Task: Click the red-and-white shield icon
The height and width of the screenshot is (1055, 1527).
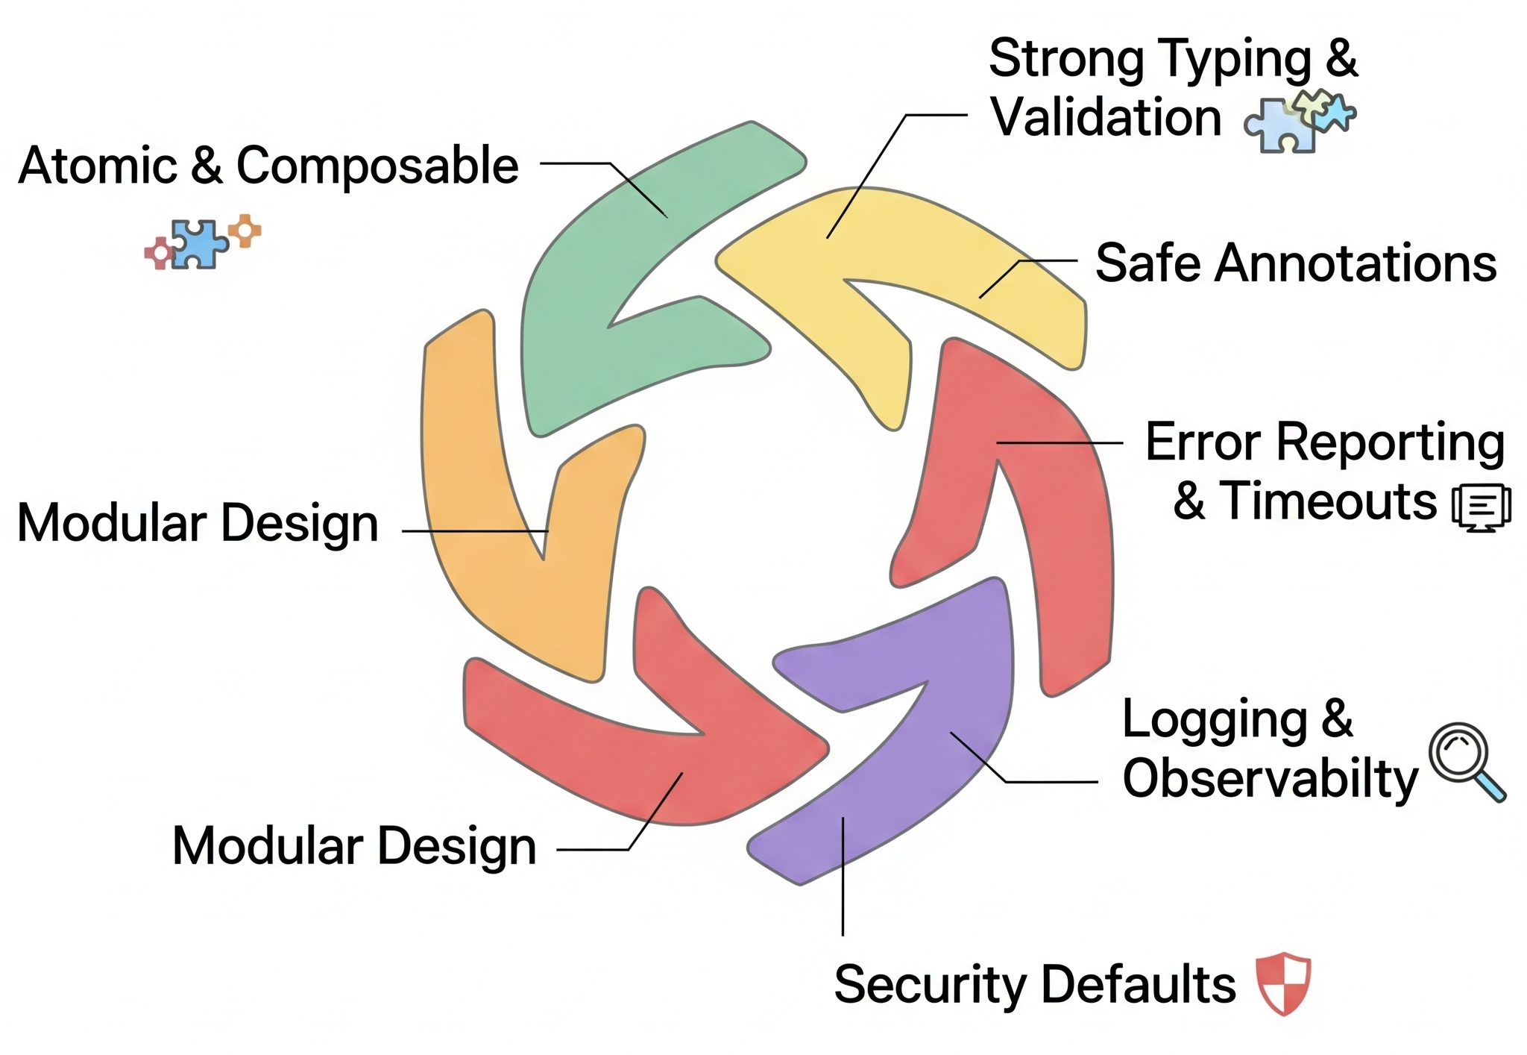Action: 1283,983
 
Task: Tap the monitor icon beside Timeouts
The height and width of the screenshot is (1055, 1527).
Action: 1482,507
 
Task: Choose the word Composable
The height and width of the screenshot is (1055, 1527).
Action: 377,166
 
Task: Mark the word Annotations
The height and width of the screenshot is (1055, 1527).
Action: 1356,263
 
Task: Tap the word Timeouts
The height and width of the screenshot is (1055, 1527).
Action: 1327,501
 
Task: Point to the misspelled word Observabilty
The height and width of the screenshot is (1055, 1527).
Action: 1270,780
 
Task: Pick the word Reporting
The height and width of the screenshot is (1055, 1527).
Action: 1391,443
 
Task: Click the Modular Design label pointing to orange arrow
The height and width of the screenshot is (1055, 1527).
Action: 198,523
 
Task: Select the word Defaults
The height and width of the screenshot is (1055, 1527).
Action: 1139,984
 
